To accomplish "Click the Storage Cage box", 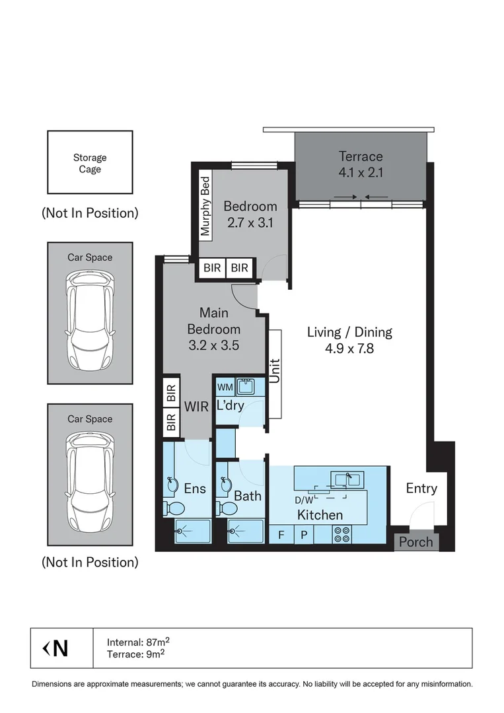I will click(90, 163).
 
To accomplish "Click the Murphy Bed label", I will click(205, 205).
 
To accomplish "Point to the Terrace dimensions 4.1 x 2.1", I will click(361, 174).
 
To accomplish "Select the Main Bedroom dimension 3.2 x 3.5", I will click(213, 345).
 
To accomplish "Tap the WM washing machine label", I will click(225, 388).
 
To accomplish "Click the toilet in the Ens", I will click(175, 508).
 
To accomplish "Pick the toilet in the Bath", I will click(227, 508).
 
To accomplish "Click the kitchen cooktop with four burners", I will click(342, 534).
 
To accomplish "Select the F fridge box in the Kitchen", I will click(281, 535).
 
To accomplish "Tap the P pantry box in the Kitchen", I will click(304, 535).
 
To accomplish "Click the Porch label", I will click(416, 542).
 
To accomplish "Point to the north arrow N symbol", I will click(56, 648).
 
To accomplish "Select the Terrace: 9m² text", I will click(135, 654).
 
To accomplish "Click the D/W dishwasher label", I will click(305, 500).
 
